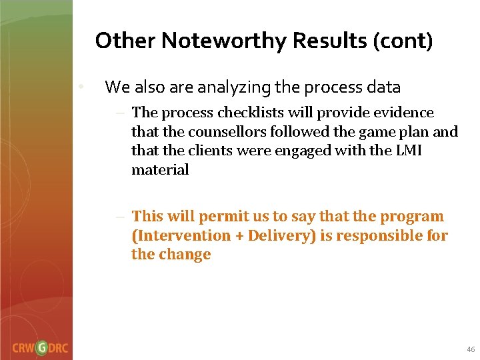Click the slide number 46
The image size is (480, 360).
click(x=471, y=349)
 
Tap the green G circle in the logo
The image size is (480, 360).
click(x=41, y=348)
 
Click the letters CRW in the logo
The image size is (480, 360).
click(x=23, y=348)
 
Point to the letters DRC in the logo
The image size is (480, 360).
click(x=59, y=348)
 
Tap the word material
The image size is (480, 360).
click(x=160, y=169)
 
